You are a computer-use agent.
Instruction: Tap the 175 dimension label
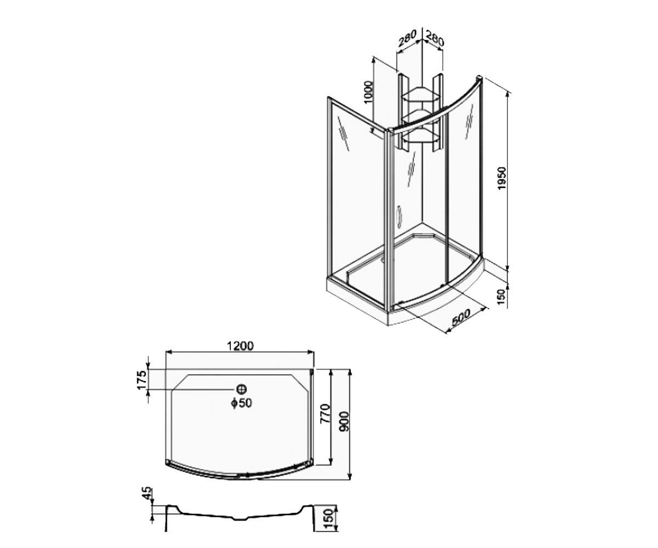click(142, 380)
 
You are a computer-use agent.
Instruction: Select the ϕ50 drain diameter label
click(242, 403)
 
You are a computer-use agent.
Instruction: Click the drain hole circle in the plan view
click(242, 390)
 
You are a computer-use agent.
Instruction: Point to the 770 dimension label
click(326, 413)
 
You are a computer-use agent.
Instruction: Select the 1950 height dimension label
click(501, 178)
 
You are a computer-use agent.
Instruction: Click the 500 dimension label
click(461, 317)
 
